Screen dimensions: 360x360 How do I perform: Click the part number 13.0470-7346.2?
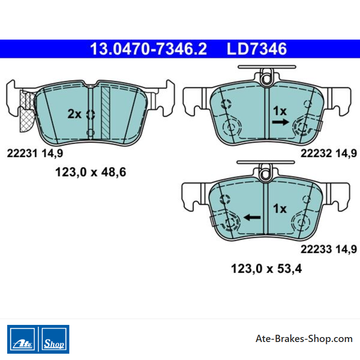click(148, 49)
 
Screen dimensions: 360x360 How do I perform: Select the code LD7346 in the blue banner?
click(256, 49)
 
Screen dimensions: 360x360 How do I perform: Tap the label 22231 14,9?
click(35, 153)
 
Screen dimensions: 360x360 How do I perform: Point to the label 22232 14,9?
click(329, 153)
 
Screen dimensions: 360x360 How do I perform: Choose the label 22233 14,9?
click(329, 249)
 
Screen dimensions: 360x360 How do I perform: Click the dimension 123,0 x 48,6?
click(91, 172)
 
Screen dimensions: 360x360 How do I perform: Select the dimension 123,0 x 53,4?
click(266, 268)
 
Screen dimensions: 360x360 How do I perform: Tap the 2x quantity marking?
click(74, 114)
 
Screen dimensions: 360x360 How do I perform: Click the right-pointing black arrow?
click(280, 122)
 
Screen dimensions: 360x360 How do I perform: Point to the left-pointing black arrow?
click(252, 217)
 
